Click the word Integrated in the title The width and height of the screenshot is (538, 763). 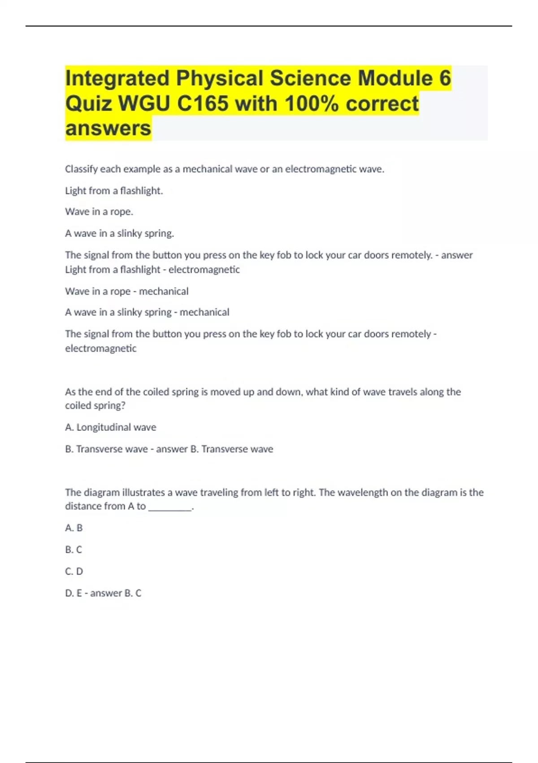pyautogui.click(x=117, y=79)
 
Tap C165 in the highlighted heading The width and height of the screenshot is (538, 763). pyautogui.click(x=203, y=104)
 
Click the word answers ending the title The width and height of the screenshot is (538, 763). pyautogui.click(x=108, y=128)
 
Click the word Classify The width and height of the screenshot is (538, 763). pyautogui.click(x=81, y=169)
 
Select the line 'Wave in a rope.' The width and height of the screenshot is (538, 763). pyautogui.click(x=99, y=212)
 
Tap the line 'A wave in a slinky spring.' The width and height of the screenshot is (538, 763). pyautogui.click(x=119, y=233)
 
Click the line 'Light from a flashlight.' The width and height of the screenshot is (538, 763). pyautogui.click(x=114, y=191)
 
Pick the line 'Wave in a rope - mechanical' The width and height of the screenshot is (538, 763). pyautogui.click(x=126, y=291)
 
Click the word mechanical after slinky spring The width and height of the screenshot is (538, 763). pyautogui.click(x=204, y=312)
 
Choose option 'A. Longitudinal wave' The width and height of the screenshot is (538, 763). pyautogui.click(x=110, y=427)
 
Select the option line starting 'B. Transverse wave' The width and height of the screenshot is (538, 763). pyautogui.click(x=169, y=449)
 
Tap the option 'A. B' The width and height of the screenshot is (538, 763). pyautogui.click(x=74, y=528)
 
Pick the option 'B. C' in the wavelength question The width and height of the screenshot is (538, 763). pyautogui.click(x=74, y=550)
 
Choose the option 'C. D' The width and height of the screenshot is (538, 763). pyautogui.click(x=74, y=571)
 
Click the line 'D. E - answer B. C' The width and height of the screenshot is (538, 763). pyautogui.click(x=103, y=593)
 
